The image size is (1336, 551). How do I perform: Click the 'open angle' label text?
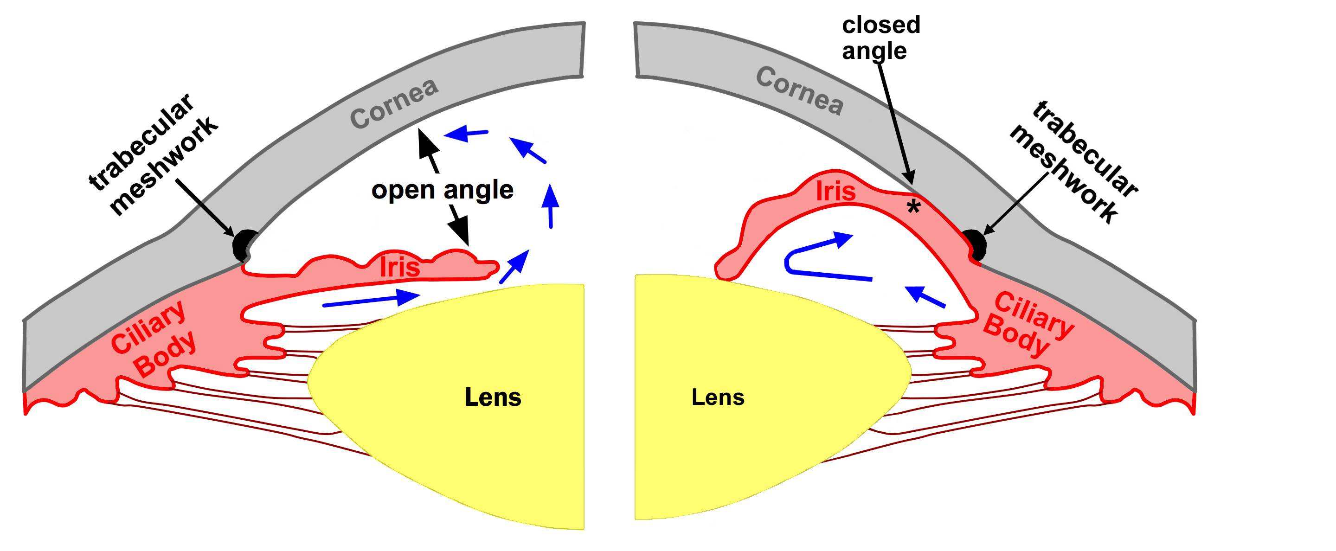pyautogui.click(x=442, y=190)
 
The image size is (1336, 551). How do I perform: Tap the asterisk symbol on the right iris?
pyautogui.click(x=913, y=208)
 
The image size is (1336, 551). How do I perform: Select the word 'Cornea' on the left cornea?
pyautogui.click(x=394, y=104)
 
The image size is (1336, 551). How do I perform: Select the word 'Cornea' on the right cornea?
pyautogui.click(x=799, y=91)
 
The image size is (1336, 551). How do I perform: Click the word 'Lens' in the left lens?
pyautogui.click(x=492, y=397)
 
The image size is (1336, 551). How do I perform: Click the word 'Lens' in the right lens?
pyautogui.click(x=718, y=397)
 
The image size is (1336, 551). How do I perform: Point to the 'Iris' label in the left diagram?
pyautogui.click(x=399, y=268)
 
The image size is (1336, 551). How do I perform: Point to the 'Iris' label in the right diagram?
pyautogui.click(x=835, y=191)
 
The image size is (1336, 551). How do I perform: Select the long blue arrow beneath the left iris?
pyautogui.click(x=370, y=300)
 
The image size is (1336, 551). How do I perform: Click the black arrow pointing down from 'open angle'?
pyautogui.click(x=460, y=225)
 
